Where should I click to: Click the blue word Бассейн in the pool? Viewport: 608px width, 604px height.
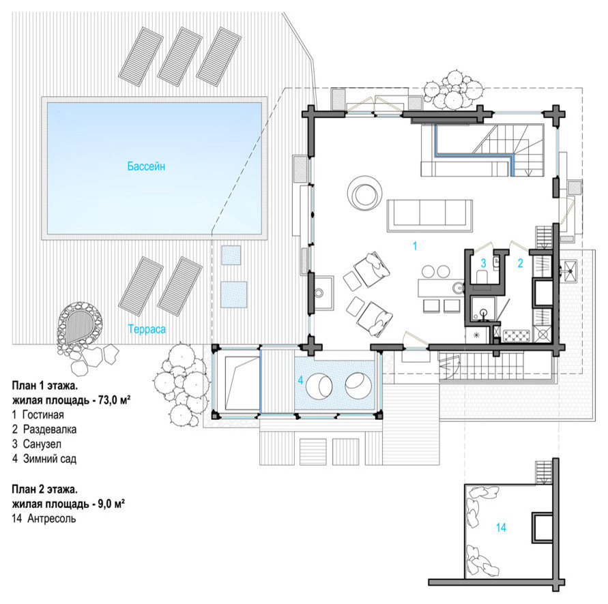click(146, 166)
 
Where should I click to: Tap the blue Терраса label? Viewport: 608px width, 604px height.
click(147, 329)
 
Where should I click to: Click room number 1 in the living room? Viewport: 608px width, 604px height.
click(415, 245)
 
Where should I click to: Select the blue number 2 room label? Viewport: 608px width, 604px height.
click(521, 263)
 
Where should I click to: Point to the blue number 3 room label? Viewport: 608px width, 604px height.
click(483, 263)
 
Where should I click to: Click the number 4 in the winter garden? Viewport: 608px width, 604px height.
click(300, 380)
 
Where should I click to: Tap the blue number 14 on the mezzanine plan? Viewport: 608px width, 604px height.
click(501, 527)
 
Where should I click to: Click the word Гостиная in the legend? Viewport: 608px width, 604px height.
click(43, 414)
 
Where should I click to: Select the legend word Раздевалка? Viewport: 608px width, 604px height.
click(50, 429)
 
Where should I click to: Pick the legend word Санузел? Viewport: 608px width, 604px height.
click(42, 444)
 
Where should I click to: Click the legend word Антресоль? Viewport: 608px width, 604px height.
click(52, 518)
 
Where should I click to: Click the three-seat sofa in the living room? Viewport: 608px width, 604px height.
click(430, 216)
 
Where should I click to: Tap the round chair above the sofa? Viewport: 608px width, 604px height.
click(364, 194)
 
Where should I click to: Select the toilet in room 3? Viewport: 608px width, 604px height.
click(482, 277)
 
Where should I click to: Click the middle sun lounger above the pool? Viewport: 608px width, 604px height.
click(180, 57)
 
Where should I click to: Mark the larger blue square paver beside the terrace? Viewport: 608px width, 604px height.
click(234, 295)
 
